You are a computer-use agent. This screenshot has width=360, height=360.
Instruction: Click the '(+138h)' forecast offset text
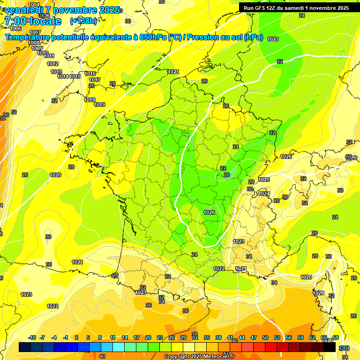point(83,21)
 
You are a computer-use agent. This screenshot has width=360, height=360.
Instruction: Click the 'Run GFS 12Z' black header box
point(296,8)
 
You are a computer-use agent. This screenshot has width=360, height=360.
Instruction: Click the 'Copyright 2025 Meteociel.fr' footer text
point(199,357)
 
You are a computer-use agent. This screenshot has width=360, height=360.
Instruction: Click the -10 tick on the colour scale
point(32,338)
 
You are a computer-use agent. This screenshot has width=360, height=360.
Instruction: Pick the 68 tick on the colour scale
point(336,338)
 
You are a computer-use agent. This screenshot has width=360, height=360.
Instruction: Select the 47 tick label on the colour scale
point(254,338)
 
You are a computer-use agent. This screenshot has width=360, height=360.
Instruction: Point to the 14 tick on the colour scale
point(125,338)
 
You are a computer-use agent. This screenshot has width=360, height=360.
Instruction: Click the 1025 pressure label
point(264,180)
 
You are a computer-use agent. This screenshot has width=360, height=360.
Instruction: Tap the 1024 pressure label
point(264,194)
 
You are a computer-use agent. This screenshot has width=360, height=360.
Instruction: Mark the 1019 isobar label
point(99,105)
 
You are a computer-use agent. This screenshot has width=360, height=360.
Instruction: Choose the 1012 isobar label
point(52,64)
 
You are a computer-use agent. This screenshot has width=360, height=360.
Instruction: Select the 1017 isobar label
point(95,80)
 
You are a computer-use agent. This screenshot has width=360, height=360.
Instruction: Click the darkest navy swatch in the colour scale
point(25,347)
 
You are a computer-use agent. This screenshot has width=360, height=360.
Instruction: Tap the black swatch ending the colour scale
point(330,347)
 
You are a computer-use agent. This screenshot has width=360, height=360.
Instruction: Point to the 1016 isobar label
point(90,74)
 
